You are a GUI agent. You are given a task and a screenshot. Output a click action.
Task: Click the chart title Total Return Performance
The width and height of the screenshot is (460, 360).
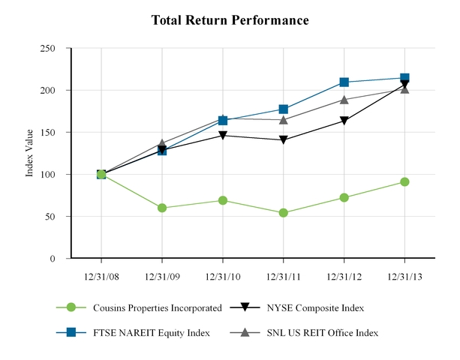pos(230,20)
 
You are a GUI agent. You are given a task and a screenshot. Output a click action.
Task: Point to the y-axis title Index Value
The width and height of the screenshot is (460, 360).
pos(30,154)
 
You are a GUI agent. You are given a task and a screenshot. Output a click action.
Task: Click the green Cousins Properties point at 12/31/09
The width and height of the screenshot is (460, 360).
pos(162,208)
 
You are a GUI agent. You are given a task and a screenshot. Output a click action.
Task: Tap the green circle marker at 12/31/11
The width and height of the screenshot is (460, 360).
pos(283,213)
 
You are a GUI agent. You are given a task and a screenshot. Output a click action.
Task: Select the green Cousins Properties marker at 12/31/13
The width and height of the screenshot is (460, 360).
pos(404,181)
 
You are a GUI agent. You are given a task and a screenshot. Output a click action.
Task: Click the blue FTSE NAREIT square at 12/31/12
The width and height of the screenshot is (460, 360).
pos(344,82)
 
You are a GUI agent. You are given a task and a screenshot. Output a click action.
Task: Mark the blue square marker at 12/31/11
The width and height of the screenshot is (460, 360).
pos(283,109)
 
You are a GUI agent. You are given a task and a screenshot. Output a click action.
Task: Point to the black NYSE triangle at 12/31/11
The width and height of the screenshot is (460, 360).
pos(283,140)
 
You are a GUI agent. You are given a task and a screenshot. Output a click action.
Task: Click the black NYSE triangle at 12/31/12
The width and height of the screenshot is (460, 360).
pos(344,121)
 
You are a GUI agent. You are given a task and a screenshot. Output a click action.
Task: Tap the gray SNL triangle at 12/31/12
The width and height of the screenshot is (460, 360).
pos(344,99)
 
